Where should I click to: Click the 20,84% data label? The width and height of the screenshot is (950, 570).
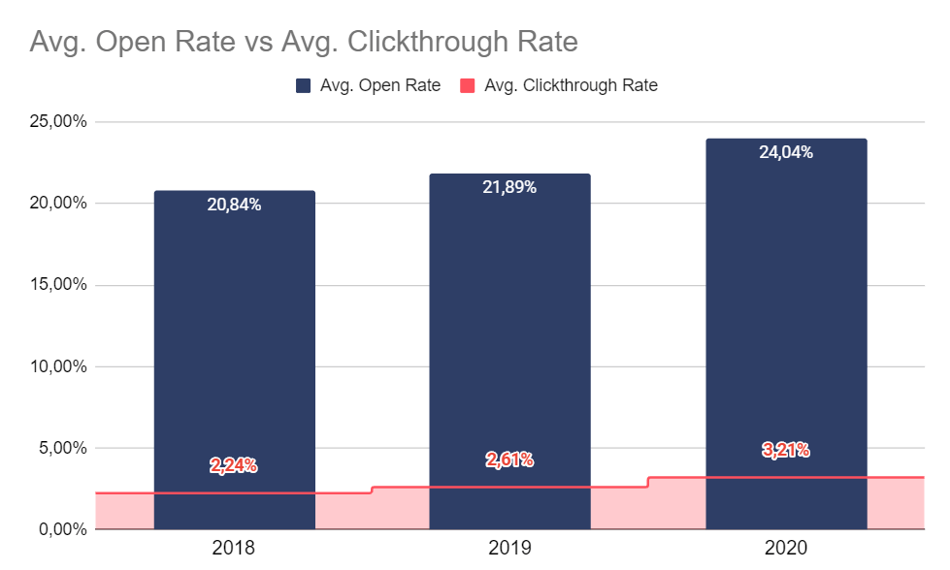click(234, 205)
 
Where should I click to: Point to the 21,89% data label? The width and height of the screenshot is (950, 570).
click(509, 188)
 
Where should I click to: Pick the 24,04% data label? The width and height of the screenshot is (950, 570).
click(786, 152)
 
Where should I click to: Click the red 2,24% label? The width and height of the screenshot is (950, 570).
click(234, 465)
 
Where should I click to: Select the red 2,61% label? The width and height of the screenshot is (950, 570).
click(509, 459)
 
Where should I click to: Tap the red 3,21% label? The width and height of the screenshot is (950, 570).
click(786, 450)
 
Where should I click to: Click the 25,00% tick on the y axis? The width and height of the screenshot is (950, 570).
click(58, 122)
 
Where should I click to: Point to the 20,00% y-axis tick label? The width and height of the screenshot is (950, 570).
click(58, 204)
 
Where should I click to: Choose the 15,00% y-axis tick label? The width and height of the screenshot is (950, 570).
click(58, 285)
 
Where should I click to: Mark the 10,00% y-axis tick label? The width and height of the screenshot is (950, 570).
click(58, 367)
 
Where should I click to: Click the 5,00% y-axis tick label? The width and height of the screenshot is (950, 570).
click(62, 449)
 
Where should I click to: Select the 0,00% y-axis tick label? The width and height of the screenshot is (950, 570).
click(62, 530)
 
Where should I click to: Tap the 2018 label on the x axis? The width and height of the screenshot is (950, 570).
click(234, 549)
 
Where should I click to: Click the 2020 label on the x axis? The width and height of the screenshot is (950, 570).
click(786, 549)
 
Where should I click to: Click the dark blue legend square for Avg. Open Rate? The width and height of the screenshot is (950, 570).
click(304, 85)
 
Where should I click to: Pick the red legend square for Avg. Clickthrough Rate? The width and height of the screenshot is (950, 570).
click(467, 85)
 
